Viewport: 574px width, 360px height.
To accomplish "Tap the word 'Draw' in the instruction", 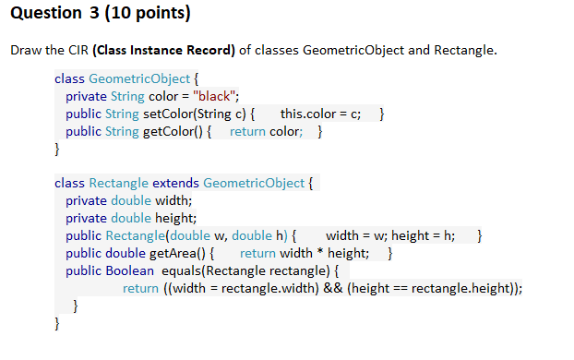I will click(25, 50).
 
